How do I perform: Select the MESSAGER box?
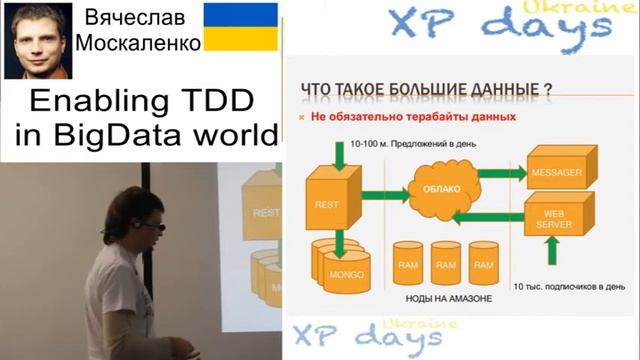555,172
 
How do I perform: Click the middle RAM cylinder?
446,263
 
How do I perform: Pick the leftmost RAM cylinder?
409,263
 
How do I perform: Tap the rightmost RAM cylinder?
483,263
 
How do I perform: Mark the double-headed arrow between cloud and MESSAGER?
499,172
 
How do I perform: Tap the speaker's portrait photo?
38,40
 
